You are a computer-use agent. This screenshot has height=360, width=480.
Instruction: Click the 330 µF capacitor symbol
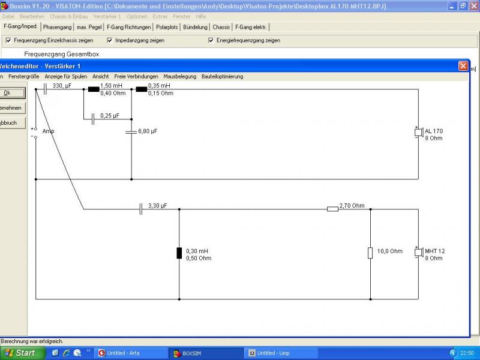click(x=46, y=89)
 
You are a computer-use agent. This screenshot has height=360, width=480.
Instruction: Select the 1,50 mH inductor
click(x=94, y=89)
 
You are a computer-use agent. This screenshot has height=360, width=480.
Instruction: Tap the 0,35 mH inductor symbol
click(x=142, y=89)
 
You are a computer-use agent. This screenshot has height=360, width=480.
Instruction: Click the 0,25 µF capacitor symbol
click(x=93, y=119)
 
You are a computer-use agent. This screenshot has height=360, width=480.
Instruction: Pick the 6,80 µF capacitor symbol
click(x=131, y=132)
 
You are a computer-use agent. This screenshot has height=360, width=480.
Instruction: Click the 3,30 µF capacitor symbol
click(x=141, y=209)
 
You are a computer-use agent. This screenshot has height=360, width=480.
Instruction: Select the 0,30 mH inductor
click(x=179, y=253)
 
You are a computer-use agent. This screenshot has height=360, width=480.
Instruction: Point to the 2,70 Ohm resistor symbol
click(x=333, y=209)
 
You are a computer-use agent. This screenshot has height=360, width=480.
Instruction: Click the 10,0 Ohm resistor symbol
click(x=370, y=253)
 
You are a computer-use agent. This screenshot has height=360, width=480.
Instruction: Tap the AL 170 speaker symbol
click(x=419, y=132)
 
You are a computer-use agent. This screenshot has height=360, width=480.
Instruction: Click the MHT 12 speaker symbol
click(x=419, y=252)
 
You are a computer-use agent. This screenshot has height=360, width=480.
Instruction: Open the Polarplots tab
click(x=167, y=27)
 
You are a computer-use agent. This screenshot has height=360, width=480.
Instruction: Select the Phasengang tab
click(x=57, y=27)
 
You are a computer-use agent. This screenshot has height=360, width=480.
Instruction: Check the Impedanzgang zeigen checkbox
click(x=110, y=40)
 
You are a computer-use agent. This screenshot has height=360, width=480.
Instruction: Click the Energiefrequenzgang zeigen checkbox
click(x=211, y=40)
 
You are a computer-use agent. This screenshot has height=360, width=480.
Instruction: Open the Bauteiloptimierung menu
click(x=222, y=77)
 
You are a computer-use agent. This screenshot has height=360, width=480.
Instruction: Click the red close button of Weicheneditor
click(x=463, y=66)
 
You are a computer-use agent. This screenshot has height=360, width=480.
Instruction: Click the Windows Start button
click(x=23, y=353)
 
